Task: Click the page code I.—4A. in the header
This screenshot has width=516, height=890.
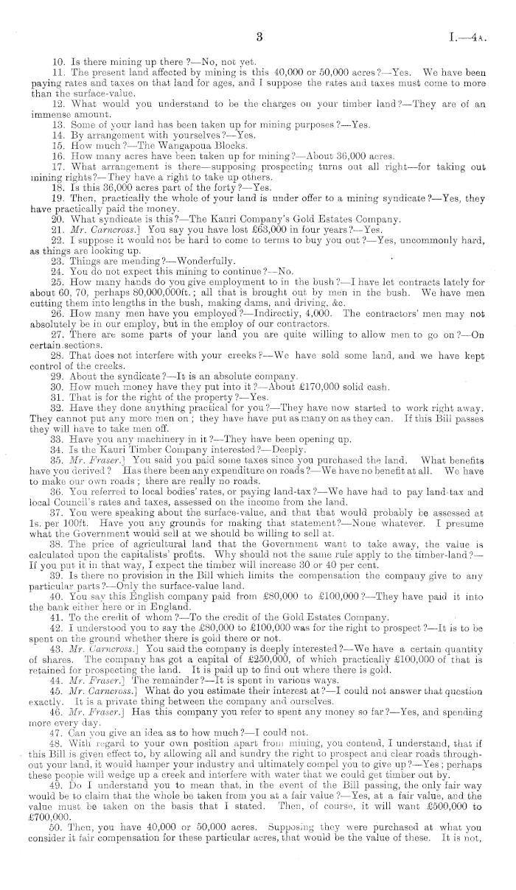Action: [x=471, y=37]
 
